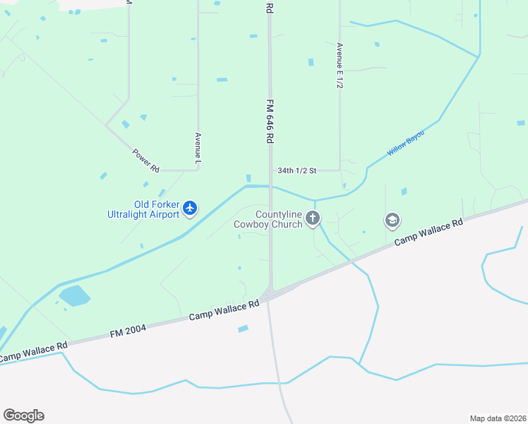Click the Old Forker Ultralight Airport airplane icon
pyautogui.click(x=189, y=208)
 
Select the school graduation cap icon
pyautogui.click(x=392, y=220)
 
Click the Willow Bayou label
pyautogui.click(x=406, y=143)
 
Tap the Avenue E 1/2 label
pyautogui.click(x=340, y=65)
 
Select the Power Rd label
pyautogui.click(x=146, y=160)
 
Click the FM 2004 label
pyautogui.click(x=127, y=328)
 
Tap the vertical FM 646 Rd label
pyautogui.click(x=269, y=114)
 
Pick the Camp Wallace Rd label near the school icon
pyautogui.click(x=428, y=232)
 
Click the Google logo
pyautogui.click(x=23, y=416)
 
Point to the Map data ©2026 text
pyautogui.click(x=498, y=418)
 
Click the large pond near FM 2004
pyautogui.click(x=74, y=296)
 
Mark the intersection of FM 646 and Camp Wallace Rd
pyautogui.click(x=269, y=295)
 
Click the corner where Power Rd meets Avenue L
pyautogui.click(x=197, y=169)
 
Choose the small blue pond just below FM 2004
pyautogui.click(x=244, y=329)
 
